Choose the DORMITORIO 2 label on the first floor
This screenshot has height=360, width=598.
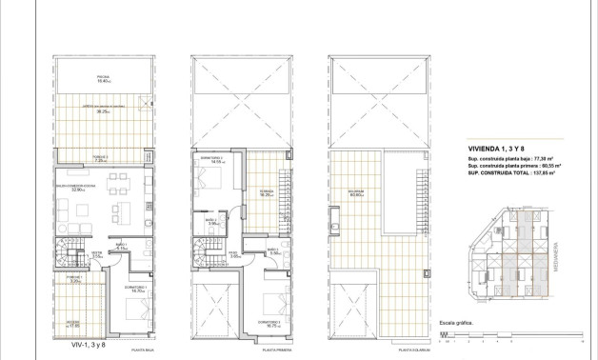[210, 158]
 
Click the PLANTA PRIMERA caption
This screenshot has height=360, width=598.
[274, 350]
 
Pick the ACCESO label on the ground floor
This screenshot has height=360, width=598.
[73, 321]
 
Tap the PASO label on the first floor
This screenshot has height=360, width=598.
[234, 252]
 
